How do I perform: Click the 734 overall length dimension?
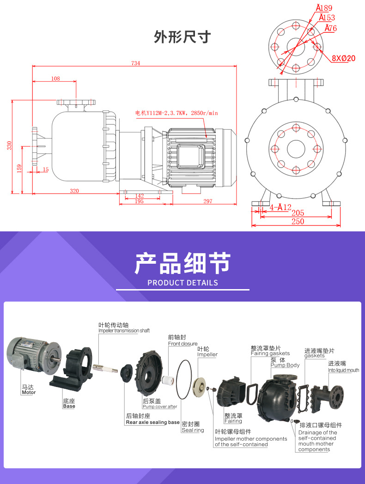[135, 63]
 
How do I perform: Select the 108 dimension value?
[55, 79]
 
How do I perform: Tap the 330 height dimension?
[9, 145]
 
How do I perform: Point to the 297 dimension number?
[207, 201]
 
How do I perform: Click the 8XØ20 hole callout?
[343, 58]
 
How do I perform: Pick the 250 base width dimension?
[298, 222]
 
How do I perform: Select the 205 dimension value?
[298, 213]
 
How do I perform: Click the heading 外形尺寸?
[182, 37]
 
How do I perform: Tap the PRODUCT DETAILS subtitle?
[182, 283]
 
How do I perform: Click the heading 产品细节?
[182, 263]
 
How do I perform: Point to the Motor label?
[28, 392]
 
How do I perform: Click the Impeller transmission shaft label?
[124, 331]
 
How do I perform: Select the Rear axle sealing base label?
[152, 422]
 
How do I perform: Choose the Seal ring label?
[192, 430]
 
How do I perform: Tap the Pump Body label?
[285, 365]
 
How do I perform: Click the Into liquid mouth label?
[343, 370]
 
